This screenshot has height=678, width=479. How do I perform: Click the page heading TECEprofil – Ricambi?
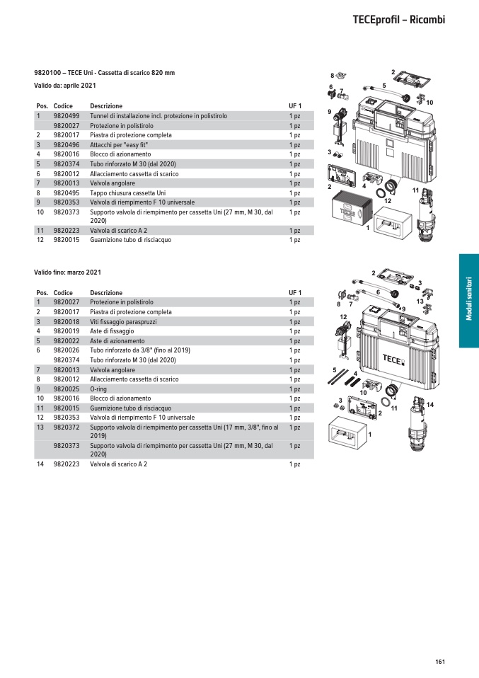pos(398,20)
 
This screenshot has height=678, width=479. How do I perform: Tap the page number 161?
pos(439,662)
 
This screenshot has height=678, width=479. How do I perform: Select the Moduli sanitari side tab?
pos(468,301)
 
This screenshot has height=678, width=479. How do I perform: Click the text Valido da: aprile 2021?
pos(65,85)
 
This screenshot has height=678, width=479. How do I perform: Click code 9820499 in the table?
pos(66,115)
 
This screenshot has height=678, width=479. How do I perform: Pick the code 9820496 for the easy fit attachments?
pos(66,144)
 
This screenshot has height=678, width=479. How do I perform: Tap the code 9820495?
pos(66,193)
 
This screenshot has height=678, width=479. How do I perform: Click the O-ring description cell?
pos(99,389)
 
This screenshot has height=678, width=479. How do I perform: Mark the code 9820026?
pos(66,350)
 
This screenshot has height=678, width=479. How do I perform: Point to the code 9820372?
pos(66,427)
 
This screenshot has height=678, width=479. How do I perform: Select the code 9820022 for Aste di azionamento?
pos(66,340)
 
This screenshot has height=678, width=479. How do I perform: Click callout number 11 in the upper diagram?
pos(415,190)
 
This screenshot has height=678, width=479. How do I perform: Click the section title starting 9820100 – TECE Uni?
pos(104,73)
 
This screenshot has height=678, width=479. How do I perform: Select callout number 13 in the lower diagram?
pos(420,301)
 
